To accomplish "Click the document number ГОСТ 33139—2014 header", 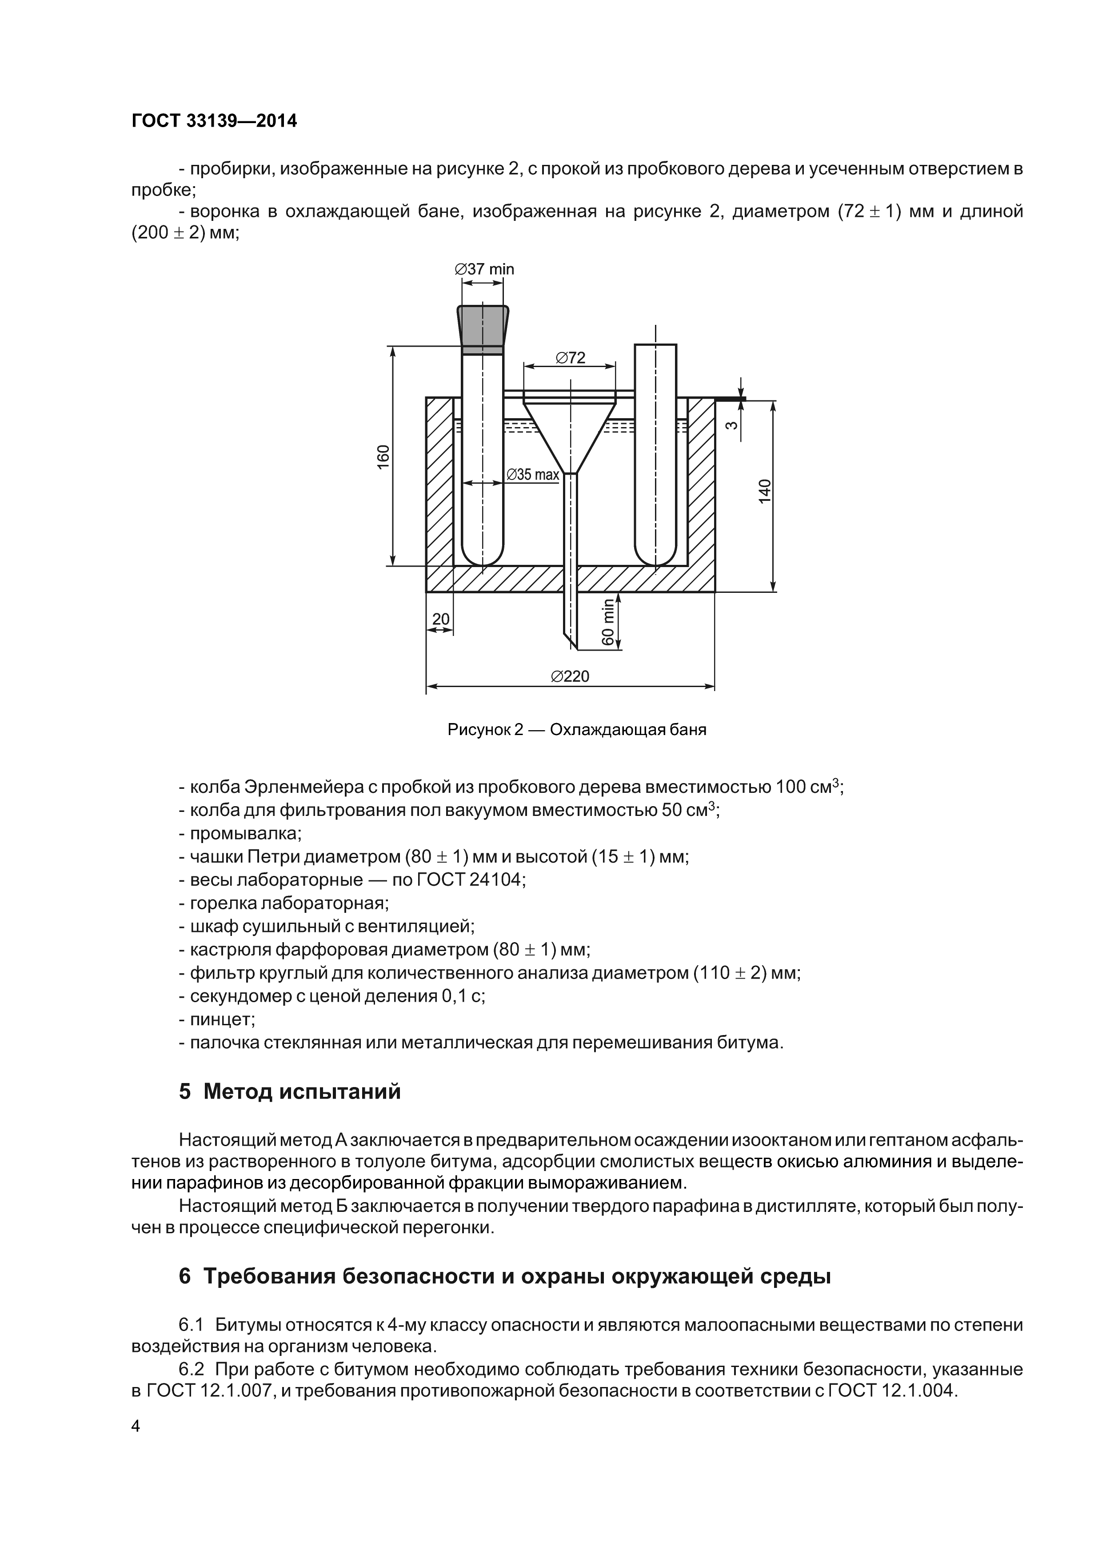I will click(214, 121).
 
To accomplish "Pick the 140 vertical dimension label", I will click(765, 492).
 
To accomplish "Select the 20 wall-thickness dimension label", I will click(441, 619).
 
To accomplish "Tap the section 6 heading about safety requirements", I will click(504, 1276).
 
